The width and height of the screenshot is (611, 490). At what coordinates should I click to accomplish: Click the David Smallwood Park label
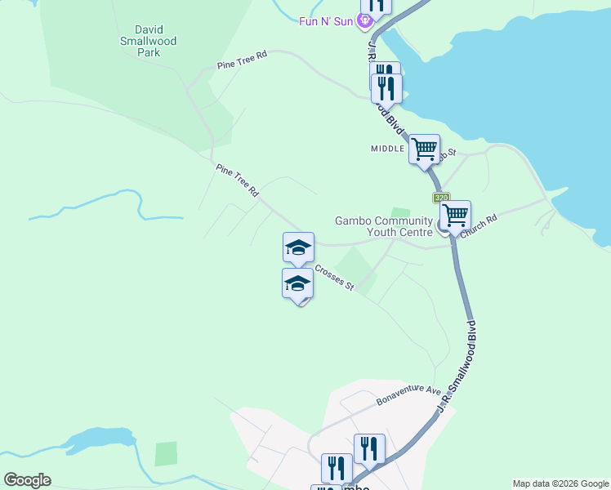coord(148,41)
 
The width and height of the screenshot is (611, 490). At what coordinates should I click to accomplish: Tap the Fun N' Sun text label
coord(325,21)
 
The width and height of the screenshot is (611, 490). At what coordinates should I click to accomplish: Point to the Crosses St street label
coord(335,275)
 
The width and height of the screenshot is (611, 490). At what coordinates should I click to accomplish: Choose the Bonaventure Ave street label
coord(408,396)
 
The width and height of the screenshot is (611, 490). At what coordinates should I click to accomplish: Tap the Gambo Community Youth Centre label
coord(383,226)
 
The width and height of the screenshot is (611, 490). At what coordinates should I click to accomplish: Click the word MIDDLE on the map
coord(387,149)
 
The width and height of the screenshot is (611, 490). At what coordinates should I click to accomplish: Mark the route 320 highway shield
coord(442,198)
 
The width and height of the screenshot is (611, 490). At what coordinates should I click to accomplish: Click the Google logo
coord(27,480)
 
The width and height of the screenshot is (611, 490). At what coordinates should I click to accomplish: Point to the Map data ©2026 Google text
coord(560,483)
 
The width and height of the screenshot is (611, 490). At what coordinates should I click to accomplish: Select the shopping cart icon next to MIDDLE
coord(425,149)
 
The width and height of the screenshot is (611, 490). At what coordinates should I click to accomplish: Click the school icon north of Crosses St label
coord(298,247)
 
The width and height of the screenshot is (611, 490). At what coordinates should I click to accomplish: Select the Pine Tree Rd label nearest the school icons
coord(237,180)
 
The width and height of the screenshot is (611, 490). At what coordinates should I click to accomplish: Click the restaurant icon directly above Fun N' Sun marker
coord(376,4)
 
